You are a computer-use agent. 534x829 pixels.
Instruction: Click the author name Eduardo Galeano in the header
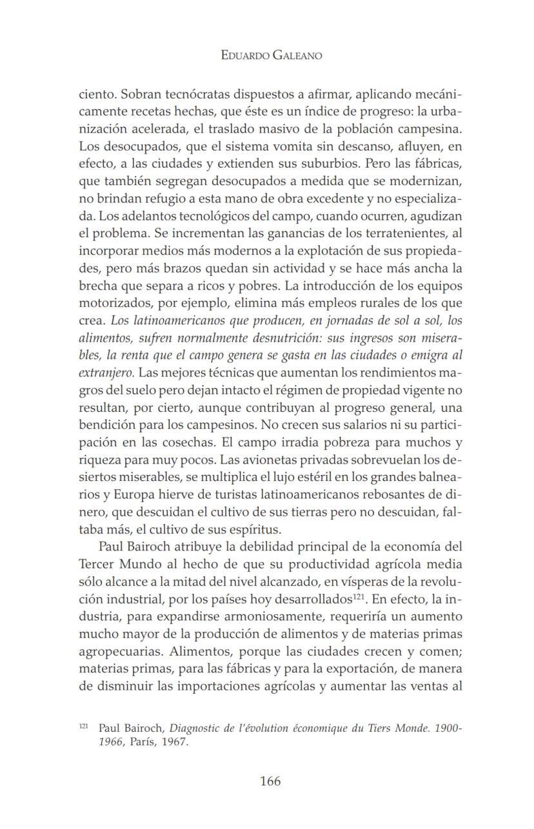coord(271,56)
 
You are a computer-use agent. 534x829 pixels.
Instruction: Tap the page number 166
coord(270,781)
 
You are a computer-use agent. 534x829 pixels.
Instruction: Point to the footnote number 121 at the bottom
coord(83,727)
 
